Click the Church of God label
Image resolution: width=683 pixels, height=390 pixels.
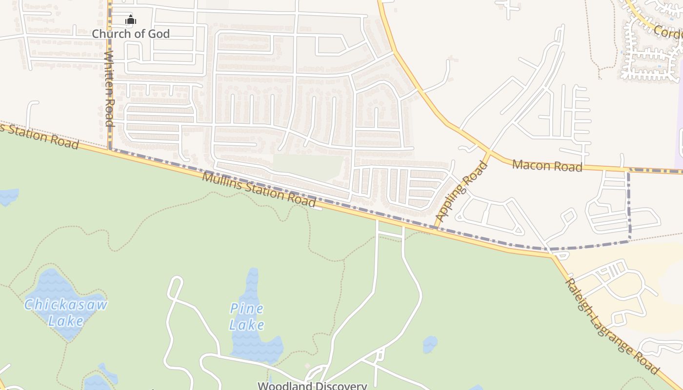click(x=131, y=34)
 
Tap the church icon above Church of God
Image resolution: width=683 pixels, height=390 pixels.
click(x=131, y=20)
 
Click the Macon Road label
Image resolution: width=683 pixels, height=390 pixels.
click(x=547, y=166)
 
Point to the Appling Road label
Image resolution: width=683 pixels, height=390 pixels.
click(x=461, y=191)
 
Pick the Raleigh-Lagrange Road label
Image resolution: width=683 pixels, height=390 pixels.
click(x=612, y=326)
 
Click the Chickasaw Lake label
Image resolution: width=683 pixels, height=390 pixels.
click(x=66, y=312)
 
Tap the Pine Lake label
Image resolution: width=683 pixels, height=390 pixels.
click(x=247, y=316)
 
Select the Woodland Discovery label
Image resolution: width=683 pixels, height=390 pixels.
click(x=312, y=386)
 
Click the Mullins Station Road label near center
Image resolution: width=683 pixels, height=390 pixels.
click(x=259, y=189)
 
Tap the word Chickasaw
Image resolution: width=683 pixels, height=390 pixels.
click(x=66, y=305)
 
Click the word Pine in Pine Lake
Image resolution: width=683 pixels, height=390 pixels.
click(x=247, y=308)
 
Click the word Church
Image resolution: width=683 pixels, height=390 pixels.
click(x=112, y=34)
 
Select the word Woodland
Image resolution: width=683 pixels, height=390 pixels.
click(x=282, y=386)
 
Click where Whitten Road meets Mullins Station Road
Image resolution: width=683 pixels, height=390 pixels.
click(x=109, y=148)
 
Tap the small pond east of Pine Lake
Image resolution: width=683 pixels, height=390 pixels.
click(x=429, y=344)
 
